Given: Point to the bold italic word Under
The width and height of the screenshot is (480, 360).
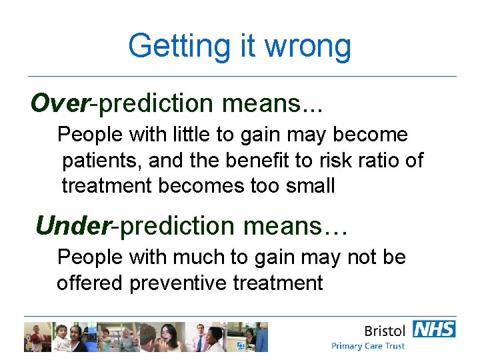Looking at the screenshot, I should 73,226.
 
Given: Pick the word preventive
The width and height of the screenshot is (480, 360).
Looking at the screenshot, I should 178,283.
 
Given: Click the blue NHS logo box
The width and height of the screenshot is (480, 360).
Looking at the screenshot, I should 434,329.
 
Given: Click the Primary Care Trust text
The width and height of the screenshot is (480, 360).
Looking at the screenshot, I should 368,346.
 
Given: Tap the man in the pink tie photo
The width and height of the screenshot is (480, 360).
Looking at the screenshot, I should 199,337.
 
